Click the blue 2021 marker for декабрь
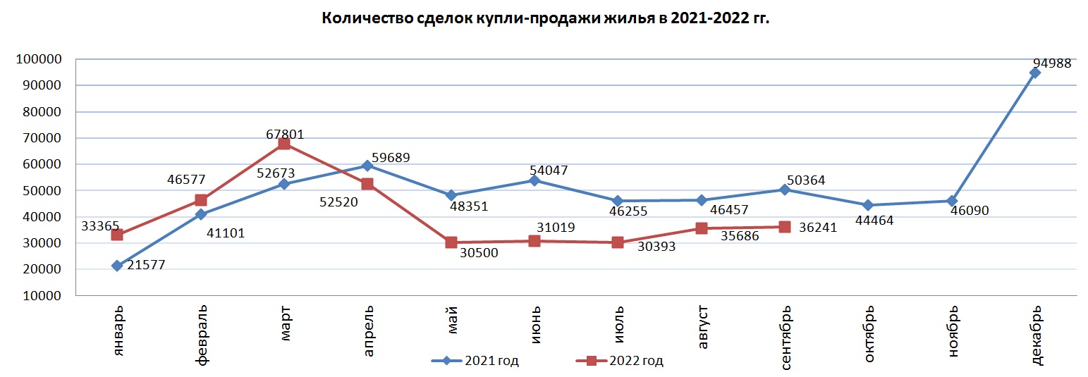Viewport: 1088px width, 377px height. tap(1035, 73)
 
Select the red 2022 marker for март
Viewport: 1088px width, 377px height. tap(284, 144)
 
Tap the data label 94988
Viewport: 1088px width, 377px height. tap(1048, 63)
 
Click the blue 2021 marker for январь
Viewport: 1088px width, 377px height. tap(117, 266)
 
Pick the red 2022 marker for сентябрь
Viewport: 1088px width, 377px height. tap(785, 227)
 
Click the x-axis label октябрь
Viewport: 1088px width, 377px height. tap(869, 333)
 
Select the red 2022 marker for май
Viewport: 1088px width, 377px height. tap(451, 242)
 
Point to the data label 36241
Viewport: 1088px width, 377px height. tap(822, 228)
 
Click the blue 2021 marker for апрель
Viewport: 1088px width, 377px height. tap(367, 166)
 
